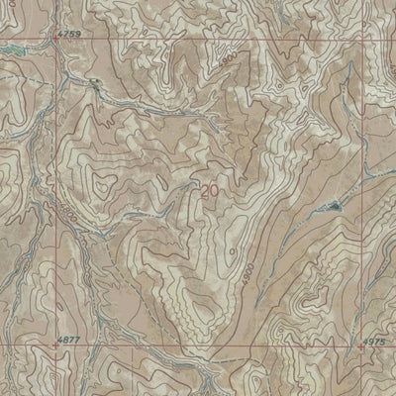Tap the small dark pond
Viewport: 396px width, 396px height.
[x=335, y=207]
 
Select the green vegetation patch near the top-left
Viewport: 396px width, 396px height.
[x=12, y=48]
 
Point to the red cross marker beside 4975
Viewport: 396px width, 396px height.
[x=362, y=347]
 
